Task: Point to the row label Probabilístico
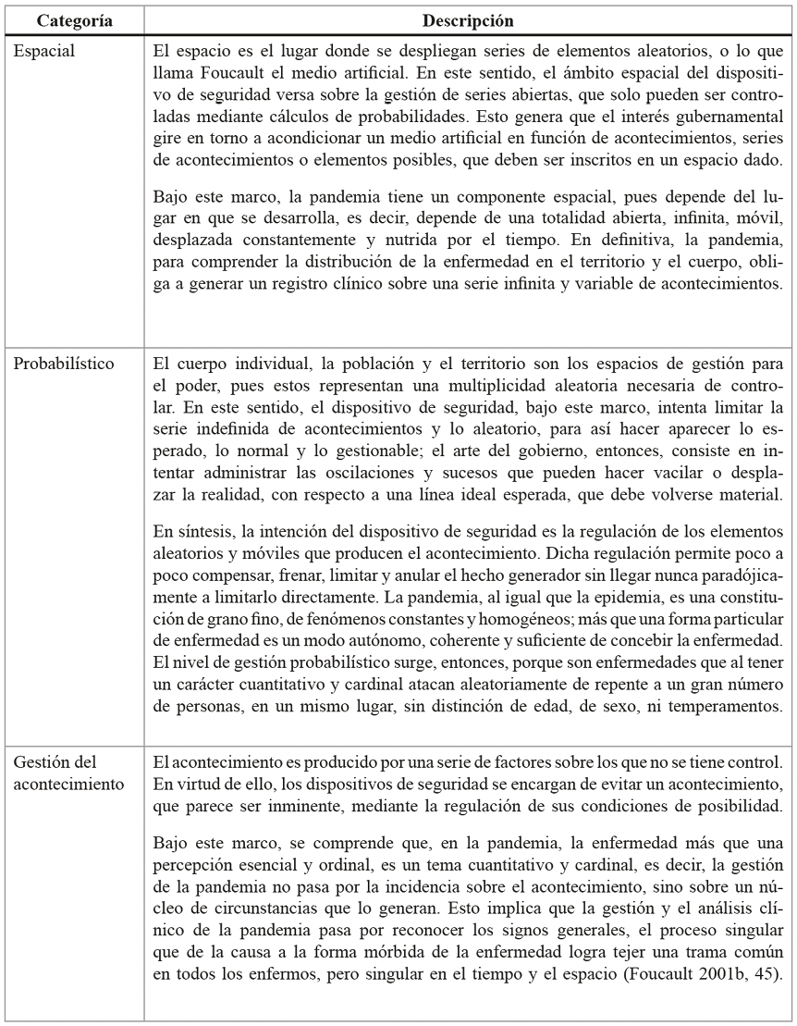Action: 64,363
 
